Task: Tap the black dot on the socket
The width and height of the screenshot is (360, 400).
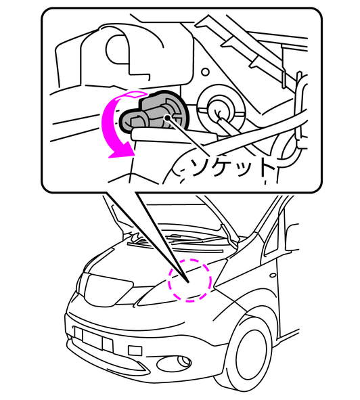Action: coord(167,118)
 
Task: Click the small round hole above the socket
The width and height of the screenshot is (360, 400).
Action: coord(205,72)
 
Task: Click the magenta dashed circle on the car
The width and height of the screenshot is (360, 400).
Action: coord(189,280)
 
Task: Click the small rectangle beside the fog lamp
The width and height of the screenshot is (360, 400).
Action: coord(135,351)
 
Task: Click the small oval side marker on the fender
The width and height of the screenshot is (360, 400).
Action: coord(273,275)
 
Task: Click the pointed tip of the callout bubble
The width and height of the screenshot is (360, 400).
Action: coord(188,282)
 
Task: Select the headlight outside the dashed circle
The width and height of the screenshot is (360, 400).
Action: coord(107,290)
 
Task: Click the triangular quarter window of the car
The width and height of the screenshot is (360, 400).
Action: coord(272,238)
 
